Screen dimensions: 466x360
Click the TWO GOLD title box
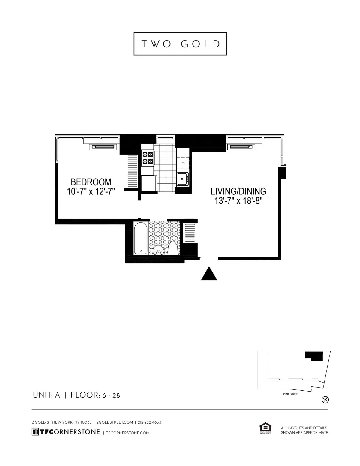click(180, 44)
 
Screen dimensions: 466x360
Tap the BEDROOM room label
click(91, 182)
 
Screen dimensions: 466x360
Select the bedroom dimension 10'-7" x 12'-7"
click(91, 191)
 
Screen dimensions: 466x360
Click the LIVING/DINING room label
click(238, 191)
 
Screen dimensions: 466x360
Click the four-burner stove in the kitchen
click(148, 158)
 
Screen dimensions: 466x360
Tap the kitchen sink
click(182, 179)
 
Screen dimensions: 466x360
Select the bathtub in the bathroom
click(141, 238)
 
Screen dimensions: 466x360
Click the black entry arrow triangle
click(209, 274)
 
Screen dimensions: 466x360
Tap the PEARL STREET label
click(291, 394)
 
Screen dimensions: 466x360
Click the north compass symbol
click(325, 400)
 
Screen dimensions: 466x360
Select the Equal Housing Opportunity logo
click(265, 428)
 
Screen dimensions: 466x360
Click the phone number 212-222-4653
click(149, 422)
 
